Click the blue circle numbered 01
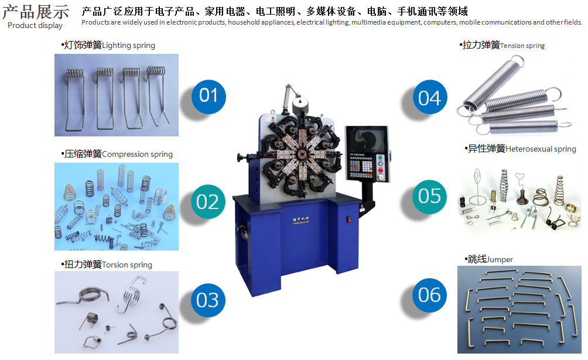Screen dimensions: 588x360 tap(208, 97)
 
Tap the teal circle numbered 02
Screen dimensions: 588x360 tap(208, 202)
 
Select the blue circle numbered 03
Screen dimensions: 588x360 tap(208, 300)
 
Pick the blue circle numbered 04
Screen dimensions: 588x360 tap(430, 97)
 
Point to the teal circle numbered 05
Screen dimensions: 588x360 tap(429, 197)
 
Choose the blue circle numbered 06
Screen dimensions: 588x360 tap(429, 295)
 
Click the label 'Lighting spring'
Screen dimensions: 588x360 tap(128, 46)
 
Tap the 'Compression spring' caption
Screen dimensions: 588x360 tap(137, 154)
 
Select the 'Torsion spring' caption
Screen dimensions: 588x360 tap(127, 265)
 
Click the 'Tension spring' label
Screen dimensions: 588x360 tap(522, 46)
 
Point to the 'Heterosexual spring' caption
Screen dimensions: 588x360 tap(541, 149)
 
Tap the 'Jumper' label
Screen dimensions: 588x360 tap(500, 259)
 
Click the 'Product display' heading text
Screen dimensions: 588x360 tap(35, 26)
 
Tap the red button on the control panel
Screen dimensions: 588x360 tap(381, 170)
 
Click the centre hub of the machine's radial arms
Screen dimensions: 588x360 tap(302, 154)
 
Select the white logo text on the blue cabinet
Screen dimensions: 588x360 tap(301, 221)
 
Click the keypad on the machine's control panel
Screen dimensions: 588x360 tap(361, 166)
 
